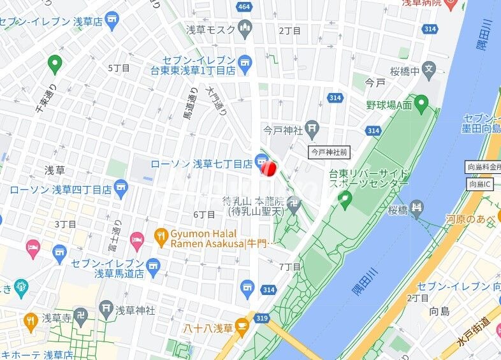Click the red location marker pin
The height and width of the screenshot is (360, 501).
pyautogui.click(x=268, y=167)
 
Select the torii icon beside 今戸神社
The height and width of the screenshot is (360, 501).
pyautogui.click(x=312, y=130)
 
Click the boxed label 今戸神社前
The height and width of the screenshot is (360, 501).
pyautogui.click(x=330, y=152)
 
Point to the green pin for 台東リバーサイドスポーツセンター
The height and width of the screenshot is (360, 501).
pyautogui.click(x=345, y=201)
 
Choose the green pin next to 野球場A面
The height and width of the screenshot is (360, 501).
pyautogui.click(x=421, y=102)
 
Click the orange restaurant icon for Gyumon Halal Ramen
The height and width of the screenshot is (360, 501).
pyautogui.click(x=161, y=238)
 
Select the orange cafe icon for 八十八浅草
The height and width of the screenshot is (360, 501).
pyautogui.click(x=242, y=328)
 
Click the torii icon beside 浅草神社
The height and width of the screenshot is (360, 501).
pyautogui.click(x=106, y=310)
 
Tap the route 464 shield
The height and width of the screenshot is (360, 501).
pyautogui.click(x=243, y=6)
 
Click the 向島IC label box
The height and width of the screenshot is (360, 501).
pyautogui.click(x=481, y=184)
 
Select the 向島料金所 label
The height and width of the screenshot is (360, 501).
pyautogui.click(x=483, y=167)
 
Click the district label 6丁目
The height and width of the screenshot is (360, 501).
pyautogui.click(x=205, y=215)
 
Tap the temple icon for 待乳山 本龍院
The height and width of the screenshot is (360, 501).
pyautogui.click(x=293, y=205)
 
